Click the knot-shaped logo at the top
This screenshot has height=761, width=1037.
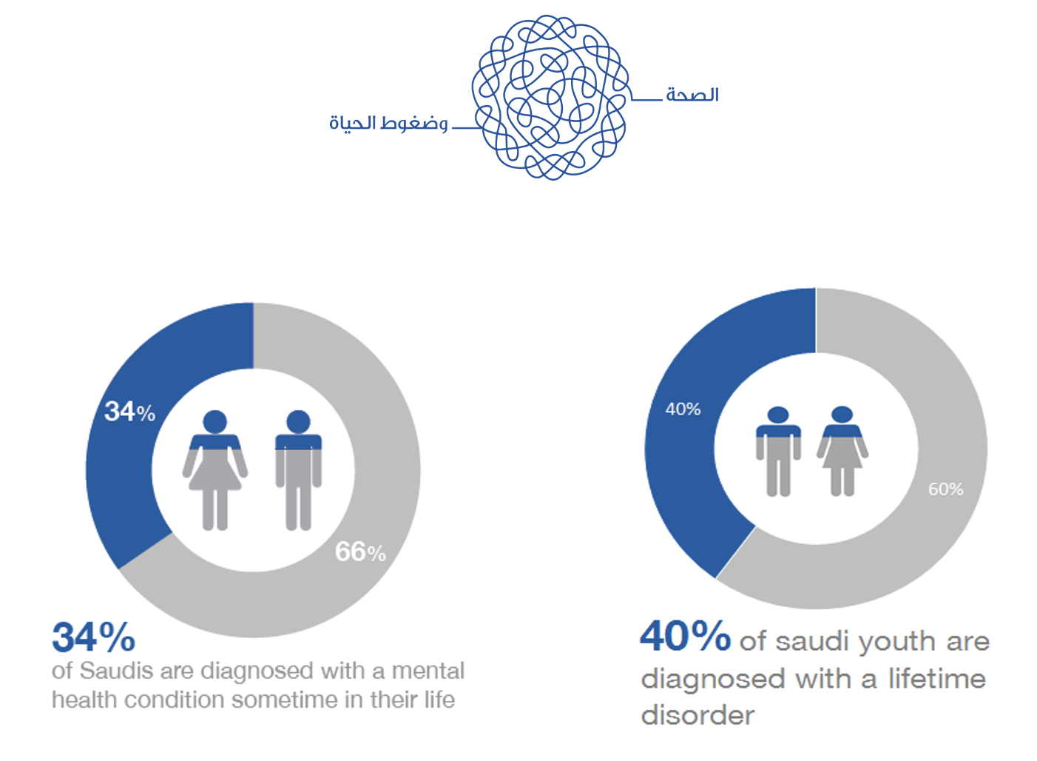coord(550,97)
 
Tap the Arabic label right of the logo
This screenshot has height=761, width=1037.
coord(692,95)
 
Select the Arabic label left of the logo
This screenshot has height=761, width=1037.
coord(388,123)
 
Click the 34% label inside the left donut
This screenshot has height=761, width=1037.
coord(129,412)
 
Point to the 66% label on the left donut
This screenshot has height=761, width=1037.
coord(360,552)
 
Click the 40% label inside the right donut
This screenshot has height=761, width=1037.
coord(683,409)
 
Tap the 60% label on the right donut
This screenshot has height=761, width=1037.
coord(945,489)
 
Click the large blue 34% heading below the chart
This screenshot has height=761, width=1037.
coord(94,637)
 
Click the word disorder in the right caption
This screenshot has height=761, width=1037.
coord(697,716)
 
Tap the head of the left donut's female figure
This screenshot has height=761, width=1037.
coord(215,422)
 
